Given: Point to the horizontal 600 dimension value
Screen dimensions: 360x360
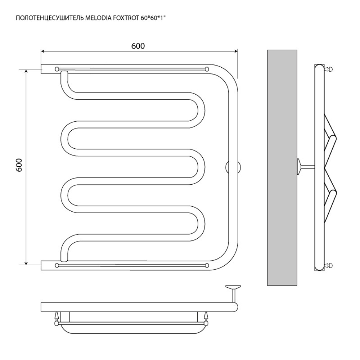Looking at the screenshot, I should [138, 46].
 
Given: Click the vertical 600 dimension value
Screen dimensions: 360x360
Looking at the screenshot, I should [20, 167].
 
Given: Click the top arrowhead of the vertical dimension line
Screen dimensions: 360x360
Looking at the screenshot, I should [26, 71].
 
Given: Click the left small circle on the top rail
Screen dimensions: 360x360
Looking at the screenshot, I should [57, 68].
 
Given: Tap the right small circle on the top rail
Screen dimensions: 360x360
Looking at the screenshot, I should [207, 68].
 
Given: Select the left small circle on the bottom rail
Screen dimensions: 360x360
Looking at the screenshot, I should [57, 266].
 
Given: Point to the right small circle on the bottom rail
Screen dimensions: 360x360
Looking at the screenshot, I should [207, 266].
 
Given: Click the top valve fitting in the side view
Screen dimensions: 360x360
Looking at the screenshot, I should [329, 69].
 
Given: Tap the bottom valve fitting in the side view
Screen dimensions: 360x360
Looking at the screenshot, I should [329, 266].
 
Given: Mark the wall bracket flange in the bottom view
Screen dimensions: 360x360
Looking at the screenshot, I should [233, 287].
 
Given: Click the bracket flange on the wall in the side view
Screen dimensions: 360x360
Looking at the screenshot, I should [299, 167].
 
